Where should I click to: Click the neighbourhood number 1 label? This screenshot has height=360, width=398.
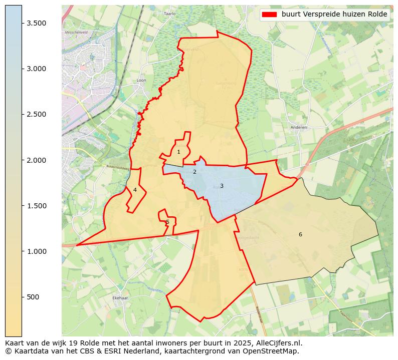(178, 152)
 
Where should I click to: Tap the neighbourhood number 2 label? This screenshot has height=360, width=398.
(194, 172)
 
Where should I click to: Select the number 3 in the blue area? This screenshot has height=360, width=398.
(222, 186)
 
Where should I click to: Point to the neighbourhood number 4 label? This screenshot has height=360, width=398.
(135, 190)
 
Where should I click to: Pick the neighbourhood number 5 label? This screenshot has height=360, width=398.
(167, 222)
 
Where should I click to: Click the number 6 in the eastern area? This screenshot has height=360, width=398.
(300, 234)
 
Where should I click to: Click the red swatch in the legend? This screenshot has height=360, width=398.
(269, 15)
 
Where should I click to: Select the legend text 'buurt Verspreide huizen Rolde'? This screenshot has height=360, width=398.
(334, 15)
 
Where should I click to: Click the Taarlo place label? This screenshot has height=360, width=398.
(170, 14)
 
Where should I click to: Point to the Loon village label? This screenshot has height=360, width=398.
(141, 80)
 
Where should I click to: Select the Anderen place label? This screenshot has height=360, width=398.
(299, 127)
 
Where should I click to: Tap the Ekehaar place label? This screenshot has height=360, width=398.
(121, 298)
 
